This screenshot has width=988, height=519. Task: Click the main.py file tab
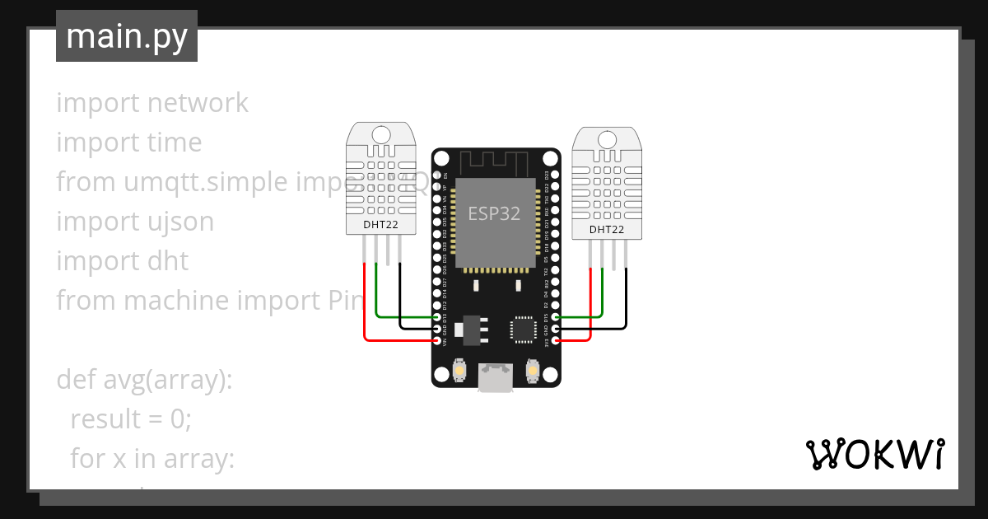tap(127, 36)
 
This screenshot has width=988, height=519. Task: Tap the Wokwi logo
tap(874, 454)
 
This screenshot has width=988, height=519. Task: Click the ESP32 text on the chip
tap(494, 213)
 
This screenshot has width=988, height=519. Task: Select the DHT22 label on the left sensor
tap(381, 224)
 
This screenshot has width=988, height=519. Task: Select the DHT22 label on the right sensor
tap(606, 230)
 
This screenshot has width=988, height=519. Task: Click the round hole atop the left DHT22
tap(381, 134)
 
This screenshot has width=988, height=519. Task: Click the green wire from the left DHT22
tap(377, 297)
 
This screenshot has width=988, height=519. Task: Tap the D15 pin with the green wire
tap(556, 316)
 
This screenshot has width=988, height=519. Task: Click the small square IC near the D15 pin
tap(523, 329)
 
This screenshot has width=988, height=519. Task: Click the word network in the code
tap(198, 103)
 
